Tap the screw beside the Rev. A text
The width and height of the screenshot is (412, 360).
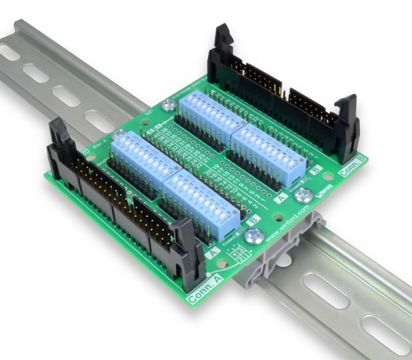pyautogui.click(x=119, y=134)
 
